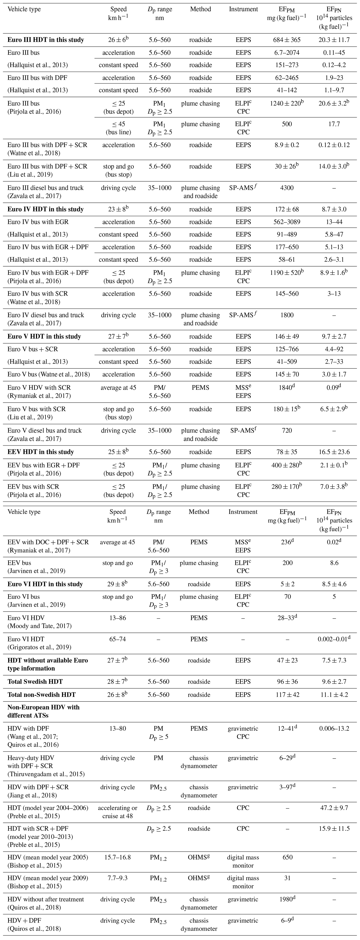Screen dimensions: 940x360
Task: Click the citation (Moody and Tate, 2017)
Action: point(39,626)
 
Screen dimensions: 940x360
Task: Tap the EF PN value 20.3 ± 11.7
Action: point(334,40)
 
